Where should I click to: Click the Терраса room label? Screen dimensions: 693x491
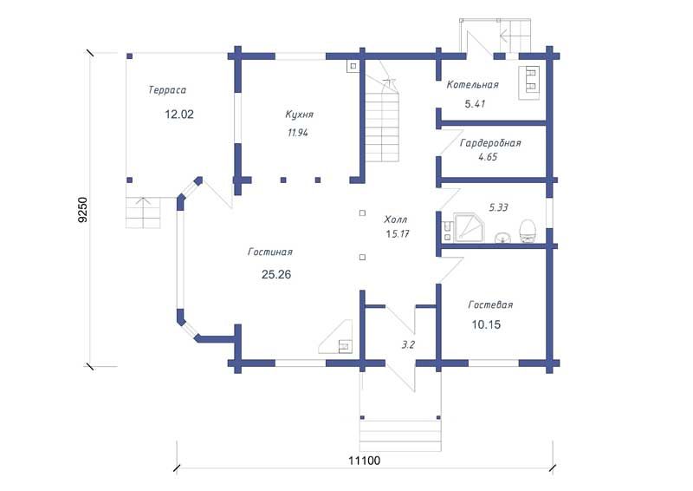tap(167, 90)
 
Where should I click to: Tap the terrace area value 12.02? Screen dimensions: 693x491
tap(179, 115)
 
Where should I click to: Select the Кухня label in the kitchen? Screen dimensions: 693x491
tap(299, 115)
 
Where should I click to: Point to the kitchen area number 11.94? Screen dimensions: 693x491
tap(298, 133)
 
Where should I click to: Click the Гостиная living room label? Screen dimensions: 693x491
tap(270, 252)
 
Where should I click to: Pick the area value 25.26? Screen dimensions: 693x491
tap(276, 274)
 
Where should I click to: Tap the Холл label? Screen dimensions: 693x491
tap(396, 219)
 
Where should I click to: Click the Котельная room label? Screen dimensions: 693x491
tap(472, 84)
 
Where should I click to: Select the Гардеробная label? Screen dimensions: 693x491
tap(490, 143)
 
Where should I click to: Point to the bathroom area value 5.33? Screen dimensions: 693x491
tap(499, 207)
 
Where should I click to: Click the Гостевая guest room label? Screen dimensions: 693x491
tap(490, 305)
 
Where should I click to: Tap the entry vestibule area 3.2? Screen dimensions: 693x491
tap(408, 344)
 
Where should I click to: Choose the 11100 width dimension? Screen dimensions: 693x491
tap(364, 461)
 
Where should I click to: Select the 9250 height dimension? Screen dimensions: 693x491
tap(82, 209)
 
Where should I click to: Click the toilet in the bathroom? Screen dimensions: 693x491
tap(528, 231)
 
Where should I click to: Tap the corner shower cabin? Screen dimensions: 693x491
tap(469, 227)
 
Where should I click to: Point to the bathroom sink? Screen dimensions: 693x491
tap(502, 238)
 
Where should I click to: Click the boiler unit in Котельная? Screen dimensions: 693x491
tap(529, 82)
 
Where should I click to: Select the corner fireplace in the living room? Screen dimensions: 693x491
tap(336, 337)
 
